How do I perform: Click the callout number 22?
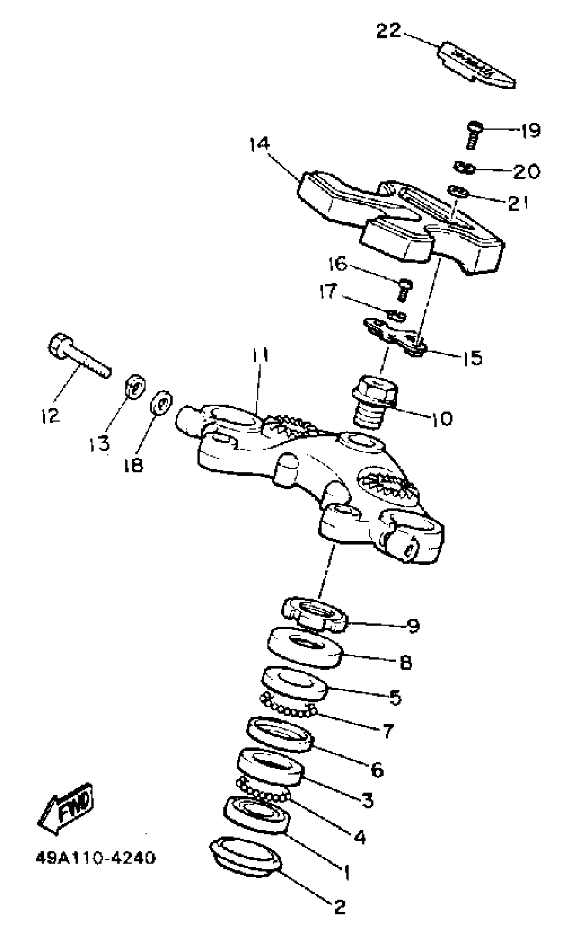pos(388,31)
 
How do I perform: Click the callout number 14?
pos(260,144)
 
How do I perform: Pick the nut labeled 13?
pos(135,387)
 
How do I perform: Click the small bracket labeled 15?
pos(396,336)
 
